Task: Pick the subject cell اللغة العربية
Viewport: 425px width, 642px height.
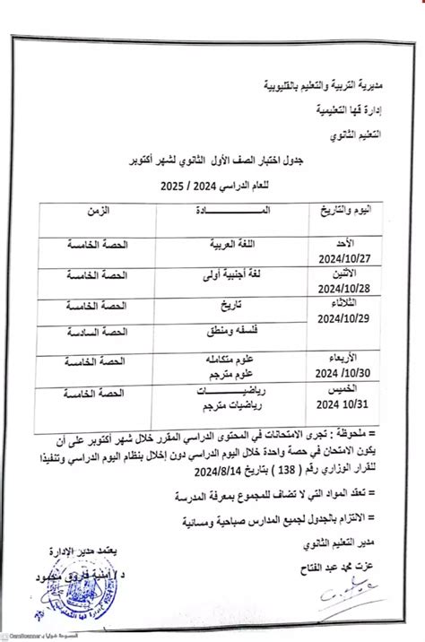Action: (x=221, y=242)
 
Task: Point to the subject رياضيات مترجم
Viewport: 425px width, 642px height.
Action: (x=215, y=403)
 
